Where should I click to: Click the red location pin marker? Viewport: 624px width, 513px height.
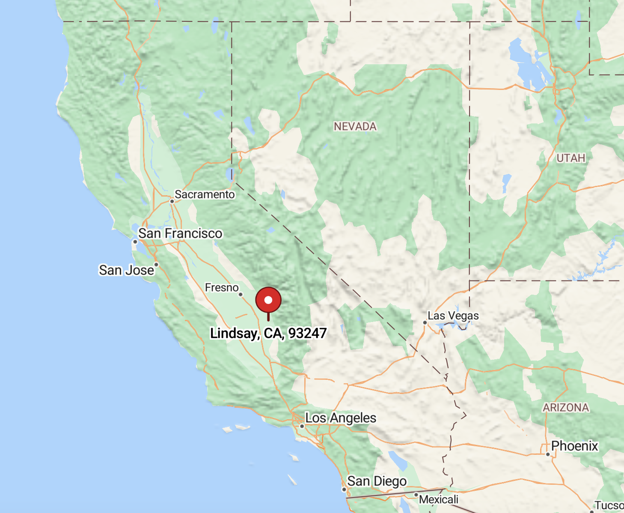click(x=268, y=300)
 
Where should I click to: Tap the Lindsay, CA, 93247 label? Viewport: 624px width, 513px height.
click(x=268, y=333)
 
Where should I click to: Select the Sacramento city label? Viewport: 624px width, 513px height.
click(x=205, y=194)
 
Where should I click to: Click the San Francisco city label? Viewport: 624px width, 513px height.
click(x=180, y=233)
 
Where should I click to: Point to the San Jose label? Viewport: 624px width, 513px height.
click(x=126, y=270)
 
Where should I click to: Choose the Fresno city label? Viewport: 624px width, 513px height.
click(x=222, y=287)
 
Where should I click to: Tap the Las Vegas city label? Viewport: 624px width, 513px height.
click(x=453, y=316)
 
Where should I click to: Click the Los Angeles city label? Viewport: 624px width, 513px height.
click(x=341, y=418)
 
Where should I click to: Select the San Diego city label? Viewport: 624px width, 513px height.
click(x=377, y=481)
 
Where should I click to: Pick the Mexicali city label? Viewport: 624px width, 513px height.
click(x=439, y=499)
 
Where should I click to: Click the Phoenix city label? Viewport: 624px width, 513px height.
click(x=574, y=446)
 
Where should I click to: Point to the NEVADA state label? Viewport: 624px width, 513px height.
click(x=355, y=126)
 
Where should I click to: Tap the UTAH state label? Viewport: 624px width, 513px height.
click(x=571, y=158)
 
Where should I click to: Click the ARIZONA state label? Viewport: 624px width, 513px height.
click(x=566, y=407)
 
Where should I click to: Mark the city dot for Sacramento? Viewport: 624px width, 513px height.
click(x=172, y=201)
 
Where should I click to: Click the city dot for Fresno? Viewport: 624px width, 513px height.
click(x=241, y=294)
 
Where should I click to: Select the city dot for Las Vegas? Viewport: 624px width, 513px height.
click(x=425, y=322)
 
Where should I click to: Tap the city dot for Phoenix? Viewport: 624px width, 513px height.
click(x=548, y=454)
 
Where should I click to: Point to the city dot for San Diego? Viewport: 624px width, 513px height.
click(x=344, y=489)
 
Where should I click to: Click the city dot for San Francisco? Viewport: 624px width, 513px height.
click(x=135, y=242)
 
